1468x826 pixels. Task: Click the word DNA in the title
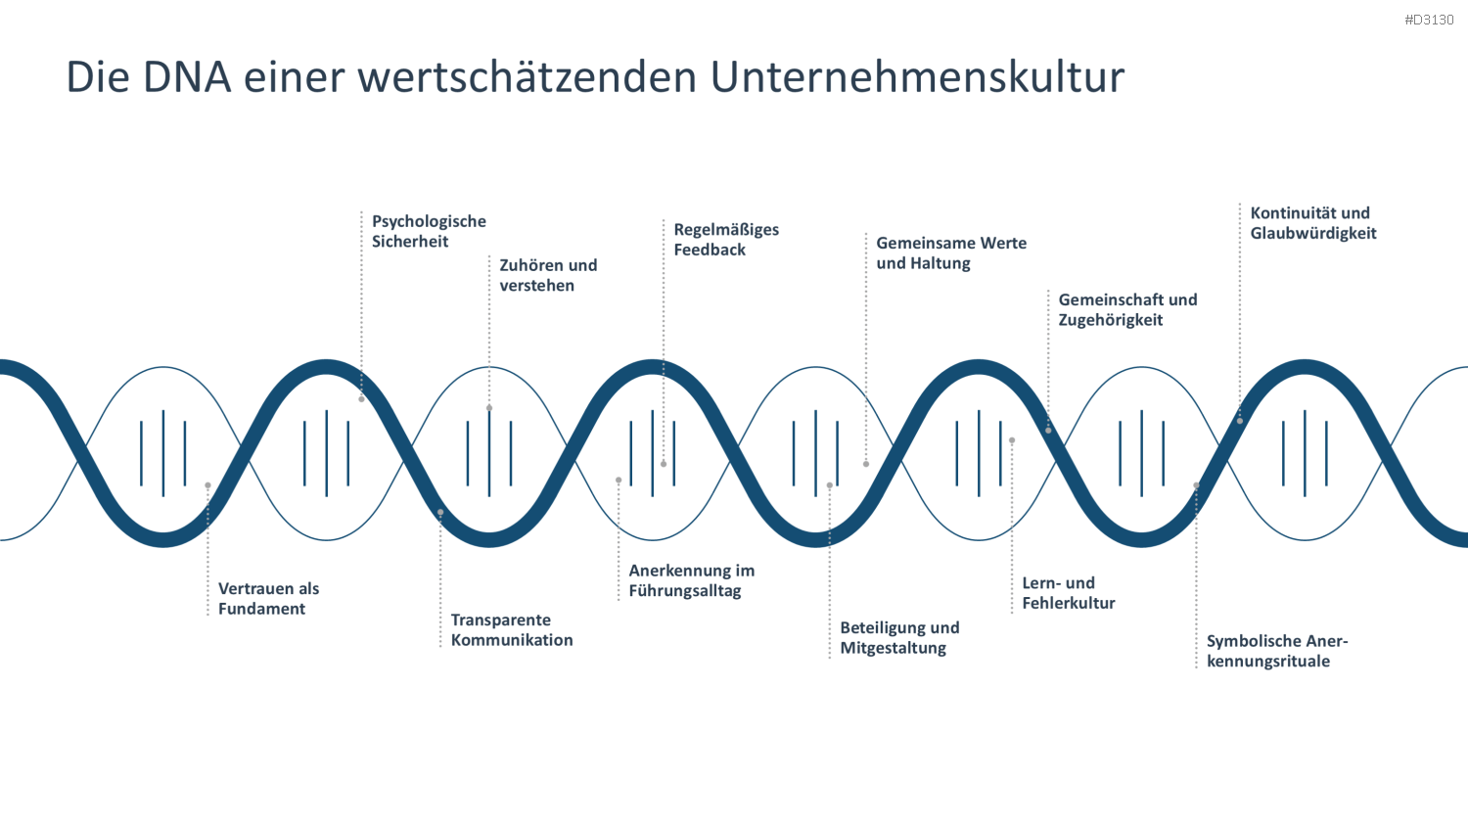tap(187, 76)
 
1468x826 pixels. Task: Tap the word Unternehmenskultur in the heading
tap(918, 76)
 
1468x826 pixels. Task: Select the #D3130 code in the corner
tap(1429, 20)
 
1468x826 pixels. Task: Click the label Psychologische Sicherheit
tap(429, 231)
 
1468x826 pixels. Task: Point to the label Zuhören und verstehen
tap(548, 275)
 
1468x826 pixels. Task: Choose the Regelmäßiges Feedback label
tap(726, 239)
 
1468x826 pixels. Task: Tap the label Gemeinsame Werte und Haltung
tap(951, 253)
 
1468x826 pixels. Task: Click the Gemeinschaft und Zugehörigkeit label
tap(1127, 309)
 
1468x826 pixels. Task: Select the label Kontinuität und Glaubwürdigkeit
tap(1312, 223)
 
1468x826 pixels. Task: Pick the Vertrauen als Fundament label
tap(269, 599)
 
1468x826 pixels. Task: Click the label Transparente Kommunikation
tap(511, 629)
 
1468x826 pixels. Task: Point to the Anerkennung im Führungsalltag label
tap(691, 580)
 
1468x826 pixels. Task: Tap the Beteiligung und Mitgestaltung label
tap(899, 637)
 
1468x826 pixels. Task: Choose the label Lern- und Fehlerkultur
tap(1069, 593)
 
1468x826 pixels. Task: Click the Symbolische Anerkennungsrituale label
tap(1276, 650)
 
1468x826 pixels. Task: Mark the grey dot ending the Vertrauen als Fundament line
tap(207, 485)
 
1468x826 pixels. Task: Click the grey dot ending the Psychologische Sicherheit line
tap(361, 399)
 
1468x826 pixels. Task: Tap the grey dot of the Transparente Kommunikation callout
tap(440, 513)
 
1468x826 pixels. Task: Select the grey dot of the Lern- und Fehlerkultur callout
tap(1012, 440)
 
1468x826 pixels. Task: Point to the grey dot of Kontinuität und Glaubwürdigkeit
tap(1240, 421)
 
